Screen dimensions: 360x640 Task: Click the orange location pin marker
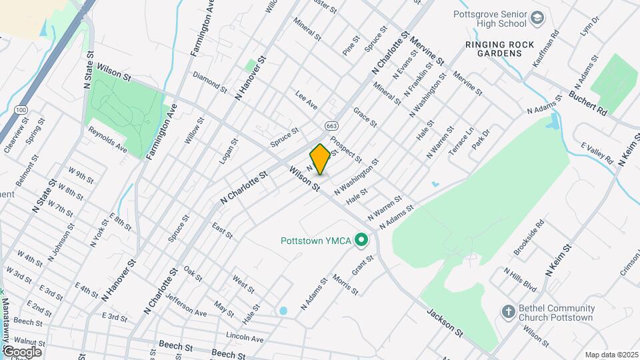pyautogui.click(x=320, y=159)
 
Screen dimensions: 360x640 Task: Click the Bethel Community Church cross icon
pyautogui.click(x=508, y=311)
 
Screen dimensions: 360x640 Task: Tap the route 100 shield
pyautogui.click(x=21, y=109)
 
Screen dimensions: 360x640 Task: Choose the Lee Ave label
pyautogui.click(x=307, y=103)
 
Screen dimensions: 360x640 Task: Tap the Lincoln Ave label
pyautogui.click(x=245, y=338)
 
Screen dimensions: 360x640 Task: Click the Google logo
pyautogui.click(x=21, y=351)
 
